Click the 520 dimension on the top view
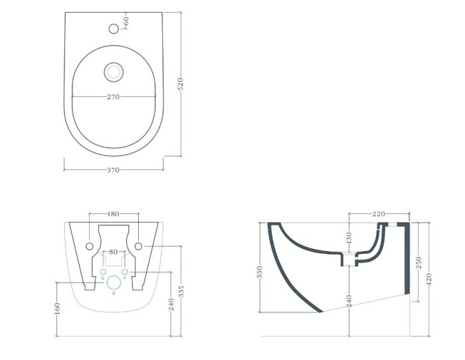pyautogui.click(x=180, y=84)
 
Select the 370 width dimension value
pyautogui.click(x=113, y=170)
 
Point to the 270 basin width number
pyautogui.click(x=113, y=97)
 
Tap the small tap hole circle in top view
pyautogui.click(x=114, y=29)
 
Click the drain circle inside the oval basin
pyautogui.click(x=113, y=70)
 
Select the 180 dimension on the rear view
pyautogui.click(x=113, y=214)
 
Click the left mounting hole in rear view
pyautogui.click(x=89, y=246)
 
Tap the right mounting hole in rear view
pyautogui.click(x=138, y=246)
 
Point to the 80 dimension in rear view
pyautogui.click(x=114, y=252)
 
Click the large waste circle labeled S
pyautogui.click(x=114, y=282)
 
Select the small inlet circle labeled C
pyautogui.click(x=103, y=272)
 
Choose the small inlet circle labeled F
pyautogui.click(x=124, y=272)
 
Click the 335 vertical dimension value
pyautogui.click(x=181, y=290)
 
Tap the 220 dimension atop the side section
pyautogui.click(x=378, y=214)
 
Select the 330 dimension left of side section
pyautogui.click(x=261, y=272)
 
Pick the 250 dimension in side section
pyautogui.click(x=418, y=262)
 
